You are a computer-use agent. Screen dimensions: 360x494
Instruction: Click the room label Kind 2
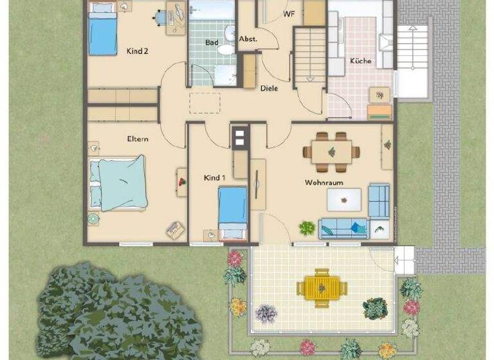tap(138, 51)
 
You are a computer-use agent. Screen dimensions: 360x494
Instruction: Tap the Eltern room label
tap(138, 138)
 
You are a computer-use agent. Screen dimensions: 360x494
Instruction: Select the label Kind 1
tap(214, 177)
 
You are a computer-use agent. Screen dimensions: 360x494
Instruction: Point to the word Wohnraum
tap(324, 183)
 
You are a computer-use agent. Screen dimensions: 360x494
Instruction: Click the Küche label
tap(360, 61)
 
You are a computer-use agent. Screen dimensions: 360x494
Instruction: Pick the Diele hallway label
tap(269, 89)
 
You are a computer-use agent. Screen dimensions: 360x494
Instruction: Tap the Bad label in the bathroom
tap(212, 42)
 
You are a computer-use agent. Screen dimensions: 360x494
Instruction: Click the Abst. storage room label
tap(248, 39)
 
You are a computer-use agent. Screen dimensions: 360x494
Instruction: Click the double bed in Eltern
tap(119, 184)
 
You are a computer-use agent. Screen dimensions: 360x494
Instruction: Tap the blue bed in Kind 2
tap(103, 29)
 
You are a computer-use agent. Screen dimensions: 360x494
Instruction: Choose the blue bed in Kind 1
tap(232, 211)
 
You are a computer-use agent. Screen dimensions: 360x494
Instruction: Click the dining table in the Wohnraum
tap(332, 152)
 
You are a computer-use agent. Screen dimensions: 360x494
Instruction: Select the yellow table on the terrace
tap(322, 287)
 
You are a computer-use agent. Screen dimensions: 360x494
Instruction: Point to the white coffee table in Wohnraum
tap(344, 200)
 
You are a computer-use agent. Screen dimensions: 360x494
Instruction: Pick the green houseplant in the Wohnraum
tap(307, 228)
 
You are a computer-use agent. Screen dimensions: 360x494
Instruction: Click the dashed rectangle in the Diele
tap(205, 103)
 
